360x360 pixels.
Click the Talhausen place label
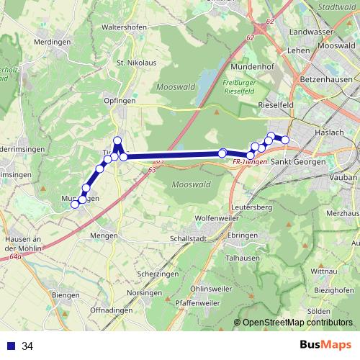(242, 256)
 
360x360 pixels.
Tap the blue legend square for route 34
(12, 346)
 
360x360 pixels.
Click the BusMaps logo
(325, 346)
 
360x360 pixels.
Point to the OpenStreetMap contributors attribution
(297, 323)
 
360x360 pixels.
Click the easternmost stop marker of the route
(285, 140)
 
